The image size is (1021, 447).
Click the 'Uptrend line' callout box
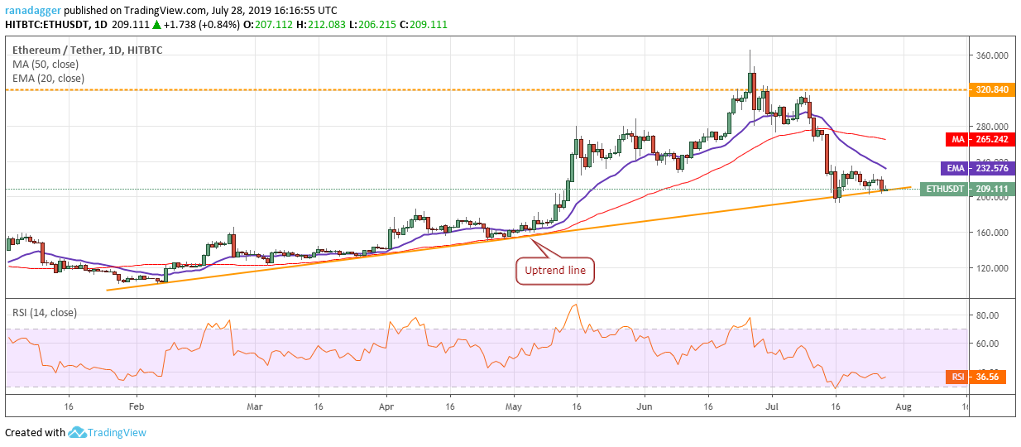tap(555, 271)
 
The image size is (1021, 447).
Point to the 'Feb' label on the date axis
tap(137, 407)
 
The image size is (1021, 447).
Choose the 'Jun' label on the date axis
tap(645, 407)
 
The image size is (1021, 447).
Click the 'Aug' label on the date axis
tap(904, 407)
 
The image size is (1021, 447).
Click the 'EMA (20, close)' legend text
tap(47, 78)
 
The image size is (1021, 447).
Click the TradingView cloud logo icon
tap(78, 432)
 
